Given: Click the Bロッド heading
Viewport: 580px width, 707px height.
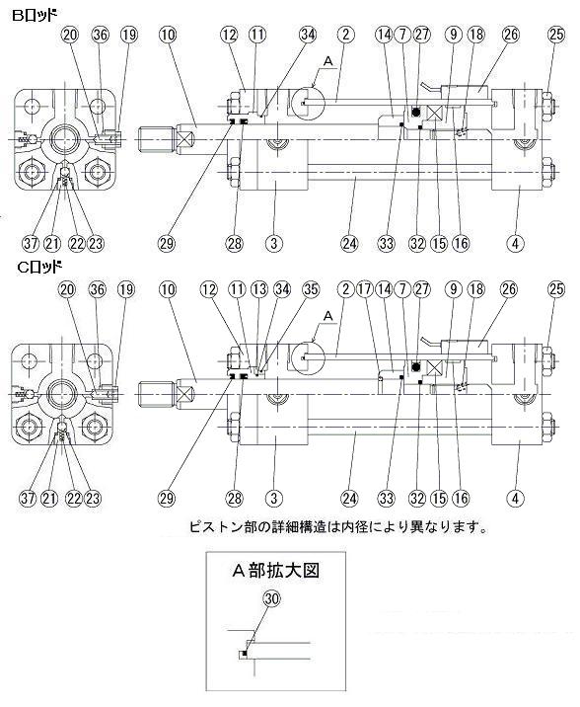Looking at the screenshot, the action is click(x=34, y=16).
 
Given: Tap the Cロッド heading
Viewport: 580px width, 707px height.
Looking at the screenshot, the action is click(x=39, y=268).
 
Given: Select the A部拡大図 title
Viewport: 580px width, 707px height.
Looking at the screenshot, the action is click(x=275, y=571).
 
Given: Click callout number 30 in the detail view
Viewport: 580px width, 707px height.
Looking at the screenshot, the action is click(x=271, y=598).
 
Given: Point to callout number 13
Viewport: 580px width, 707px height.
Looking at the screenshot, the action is click(x=258, y=289).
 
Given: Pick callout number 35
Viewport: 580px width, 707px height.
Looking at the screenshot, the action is click(x=311, y=289).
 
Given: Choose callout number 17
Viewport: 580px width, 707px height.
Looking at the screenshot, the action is click(x=364, y=289).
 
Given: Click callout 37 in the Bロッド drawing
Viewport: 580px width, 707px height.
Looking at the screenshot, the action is click(x=31, y=244).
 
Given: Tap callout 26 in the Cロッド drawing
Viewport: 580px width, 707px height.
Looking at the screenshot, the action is click(x=509, y=289).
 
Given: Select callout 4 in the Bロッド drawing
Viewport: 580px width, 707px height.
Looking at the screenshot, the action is click(x=515, y=244).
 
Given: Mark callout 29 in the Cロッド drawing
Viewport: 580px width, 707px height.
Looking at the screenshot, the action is click(x=166, y=499).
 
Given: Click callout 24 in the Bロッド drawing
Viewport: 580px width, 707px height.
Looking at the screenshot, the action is click(x=349, y=244).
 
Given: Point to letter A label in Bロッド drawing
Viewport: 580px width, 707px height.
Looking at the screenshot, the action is click(x=328, y=61).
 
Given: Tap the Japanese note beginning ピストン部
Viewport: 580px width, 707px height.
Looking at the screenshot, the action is click(x=338, y=526).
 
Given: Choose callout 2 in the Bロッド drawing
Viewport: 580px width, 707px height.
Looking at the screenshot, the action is click(x=345, y=35).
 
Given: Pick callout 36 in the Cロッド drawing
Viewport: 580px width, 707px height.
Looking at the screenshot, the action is click(x=98, y=289).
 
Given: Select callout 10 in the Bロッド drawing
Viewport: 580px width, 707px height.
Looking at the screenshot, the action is click(x=168, y=35).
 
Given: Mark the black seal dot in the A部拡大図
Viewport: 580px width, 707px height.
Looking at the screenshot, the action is click(x=245, y=654).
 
